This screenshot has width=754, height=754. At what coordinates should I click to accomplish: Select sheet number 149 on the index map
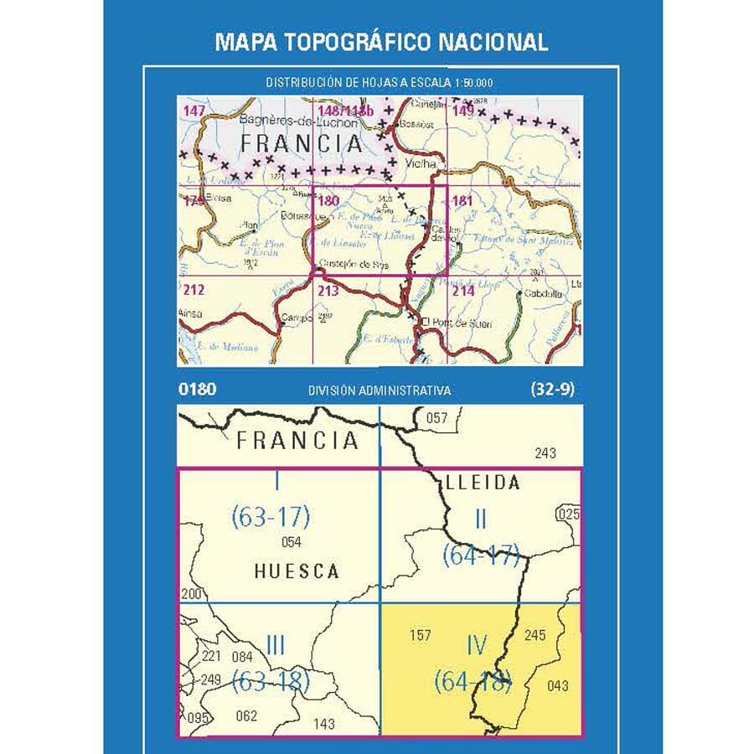(463, 111)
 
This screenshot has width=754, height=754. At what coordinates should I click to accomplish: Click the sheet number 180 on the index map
(328, 200)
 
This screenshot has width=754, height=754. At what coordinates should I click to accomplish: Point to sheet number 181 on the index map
(462, 201)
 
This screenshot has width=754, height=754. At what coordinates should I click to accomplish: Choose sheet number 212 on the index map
(193, 291)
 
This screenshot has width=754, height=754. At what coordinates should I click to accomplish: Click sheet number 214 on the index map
(462, 291)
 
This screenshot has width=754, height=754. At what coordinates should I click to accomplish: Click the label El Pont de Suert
(456, 323)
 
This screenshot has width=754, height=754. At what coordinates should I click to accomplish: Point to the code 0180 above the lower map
(197, 390)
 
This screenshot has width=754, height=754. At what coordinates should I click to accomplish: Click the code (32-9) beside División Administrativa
(551, 390)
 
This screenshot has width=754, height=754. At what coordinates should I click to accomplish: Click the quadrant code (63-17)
(271, 518)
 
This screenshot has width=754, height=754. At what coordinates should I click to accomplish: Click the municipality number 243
(545, 453)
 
